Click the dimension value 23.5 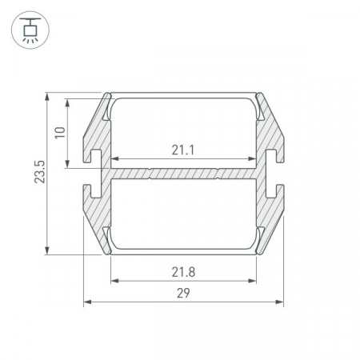tap(40, 172)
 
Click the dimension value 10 tap(60, 133)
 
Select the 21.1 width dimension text tap(183, 150)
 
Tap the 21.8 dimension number tap(183, 272)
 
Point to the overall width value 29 tap(183, 293)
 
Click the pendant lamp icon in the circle tap(30, 30)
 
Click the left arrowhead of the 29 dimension tap(87, 302)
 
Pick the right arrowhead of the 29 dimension tap(279, 302)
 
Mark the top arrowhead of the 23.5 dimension tap(47, 97)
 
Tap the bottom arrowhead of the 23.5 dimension tap(47, 250)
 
